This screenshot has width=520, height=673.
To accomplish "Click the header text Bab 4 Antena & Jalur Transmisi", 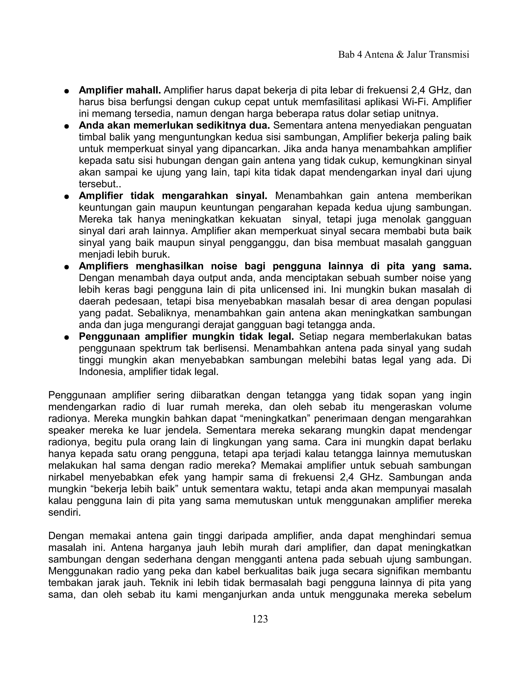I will coord(403,55).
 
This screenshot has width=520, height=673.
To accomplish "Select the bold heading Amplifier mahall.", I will coord(120,90).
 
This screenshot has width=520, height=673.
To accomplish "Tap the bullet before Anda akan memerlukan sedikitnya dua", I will coord(66,126).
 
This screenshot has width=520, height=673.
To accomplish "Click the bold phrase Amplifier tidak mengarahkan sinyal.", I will coord(173,196).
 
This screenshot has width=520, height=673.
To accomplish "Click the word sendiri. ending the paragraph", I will coord(64,513).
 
